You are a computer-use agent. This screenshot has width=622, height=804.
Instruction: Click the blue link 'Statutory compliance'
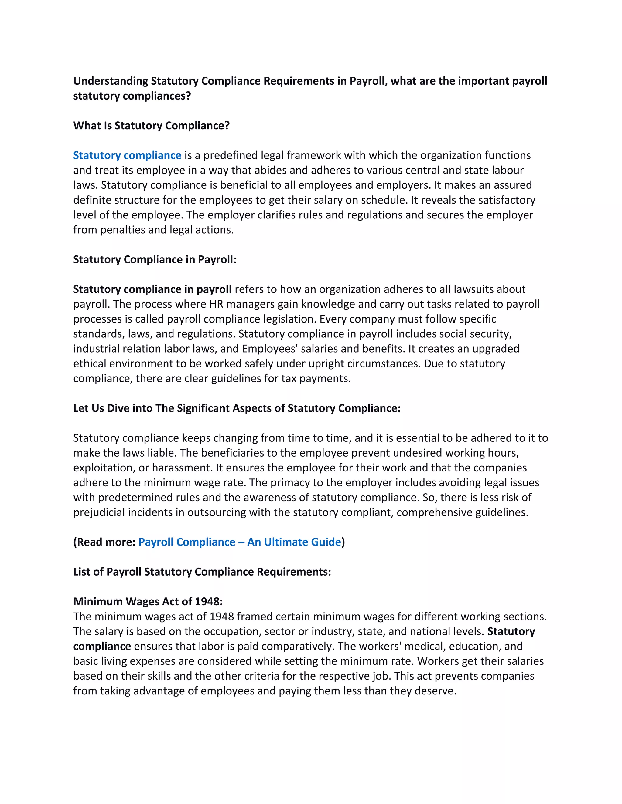[x=127, y=155]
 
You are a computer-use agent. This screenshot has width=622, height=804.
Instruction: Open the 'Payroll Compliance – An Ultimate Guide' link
[x=240, y=542]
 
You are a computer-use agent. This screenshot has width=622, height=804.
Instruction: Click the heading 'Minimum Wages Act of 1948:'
[x=148, y=602]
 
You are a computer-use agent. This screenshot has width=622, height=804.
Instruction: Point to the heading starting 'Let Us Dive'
[x=237, y=408]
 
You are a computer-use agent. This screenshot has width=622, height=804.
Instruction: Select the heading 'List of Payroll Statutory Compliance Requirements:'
[x=202, y=572]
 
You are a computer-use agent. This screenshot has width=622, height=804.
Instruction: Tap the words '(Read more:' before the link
[x=104, y=542]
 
